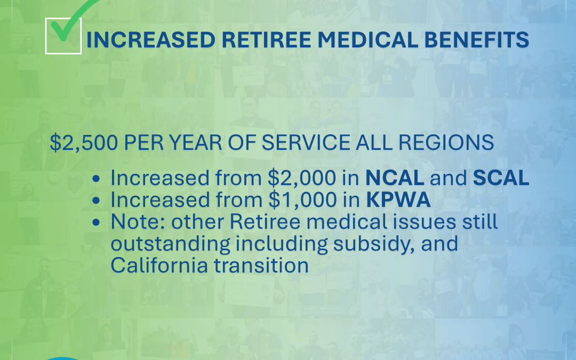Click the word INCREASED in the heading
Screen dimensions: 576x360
point(150,39)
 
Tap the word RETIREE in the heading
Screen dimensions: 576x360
point(266,39)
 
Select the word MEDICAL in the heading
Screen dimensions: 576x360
point(367,39)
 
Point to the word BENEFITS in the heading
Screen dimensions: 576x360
point(477,39)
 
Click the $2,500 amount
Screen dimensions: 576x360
point(84,142)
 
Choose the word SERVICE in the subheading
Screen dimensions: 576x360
point(306,142)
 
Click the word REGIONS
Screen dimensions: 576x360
point(446,142)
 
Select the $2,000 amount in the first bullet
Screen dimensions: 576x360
point(301,178)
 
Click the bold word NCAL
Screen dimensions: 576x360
point(395,178)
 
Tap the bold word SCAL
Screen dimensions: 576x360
point(501,178)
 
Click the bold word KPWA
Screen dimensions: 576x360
point(398,200)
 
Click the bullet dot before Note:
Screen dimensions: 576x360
point(96,222)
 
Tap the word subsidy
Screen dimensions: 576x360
point(374,244)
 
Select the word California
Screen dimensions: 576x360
point(159,265)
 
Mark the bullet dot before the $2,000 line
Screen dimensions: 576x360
point(96,179)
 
